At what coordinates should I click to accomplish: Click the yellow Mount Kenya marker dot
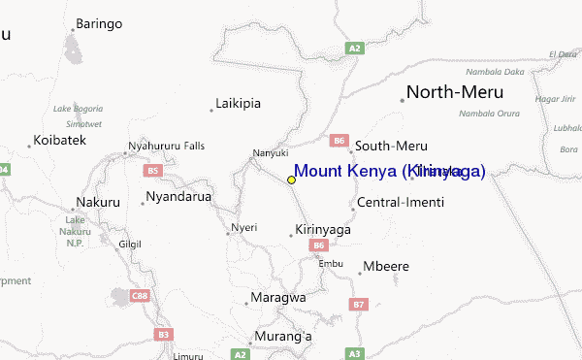pos(291,180)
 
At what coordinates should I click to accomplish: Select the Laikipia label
pos(239,103)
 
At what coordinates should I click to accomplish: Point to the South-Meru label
pos(391,146)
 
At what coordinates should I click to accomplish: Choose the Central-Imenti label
pos(401,203)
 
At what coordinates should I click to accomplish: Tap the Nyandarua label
pos(178,197)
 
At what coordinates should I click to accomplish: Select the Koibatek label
pos(59,141)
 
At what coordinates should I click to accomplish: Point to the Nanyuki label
pos(271,152)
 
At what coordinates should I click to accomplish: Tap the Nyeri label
pos(243,228)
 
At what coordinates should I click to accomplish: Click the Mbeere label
pos(386,266)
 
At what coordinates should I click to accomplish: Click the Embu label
pos(331,263)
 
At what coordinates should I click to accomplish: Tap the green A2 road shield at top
pos(355,47)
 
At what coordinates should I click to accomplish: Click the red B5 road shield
pos(152,171)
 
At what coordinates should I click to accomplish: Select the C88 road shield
pos(142,295)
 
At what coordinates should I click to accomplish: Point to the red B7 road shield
pos(360,305)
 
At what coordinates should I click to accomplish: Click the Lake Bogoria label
pos(76,108)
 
